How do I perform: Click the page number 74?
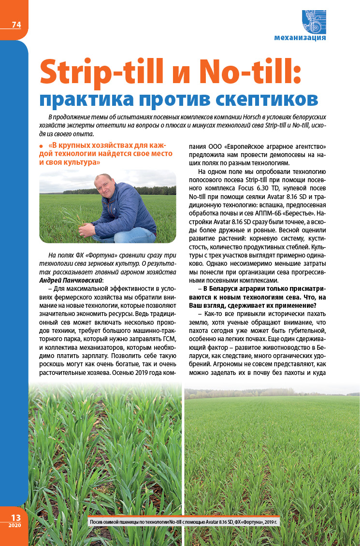coord(16,25)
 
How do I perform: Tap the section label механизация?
coord(300,38)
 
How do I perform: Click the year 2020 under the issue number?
coord(15,526)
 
